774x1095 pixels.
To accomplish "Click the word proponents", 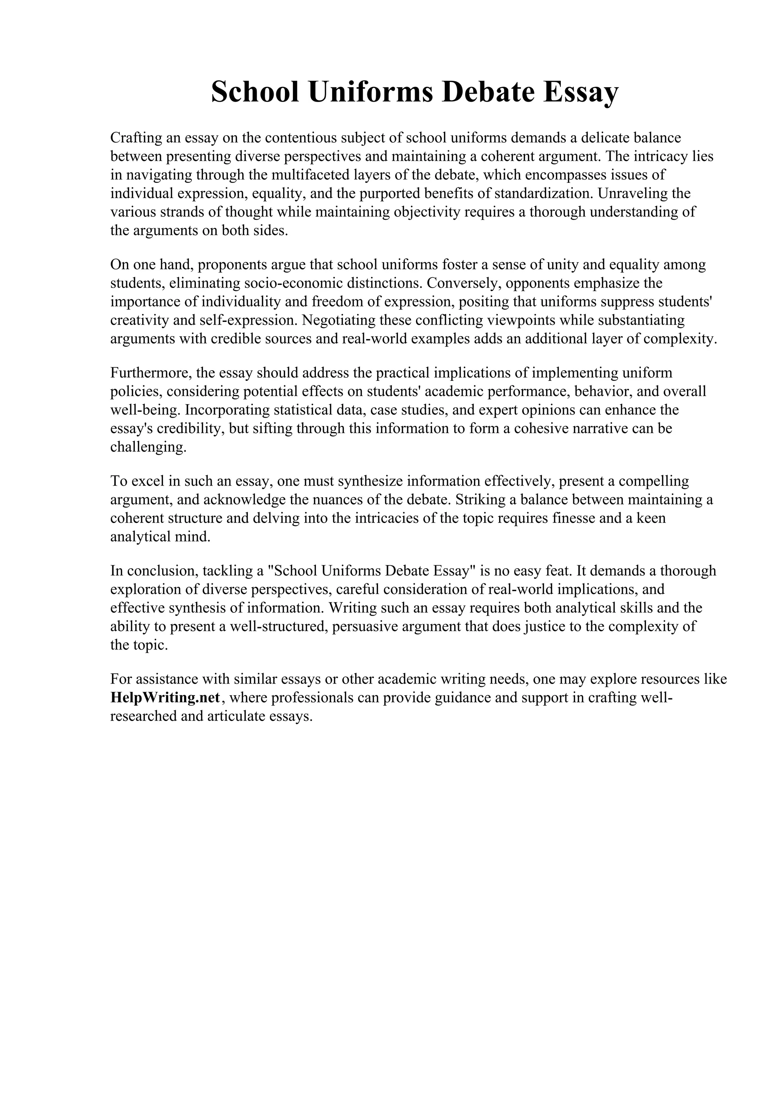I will pos(233,265).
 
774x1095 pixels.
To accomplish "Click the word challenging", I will pos(148,447).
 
